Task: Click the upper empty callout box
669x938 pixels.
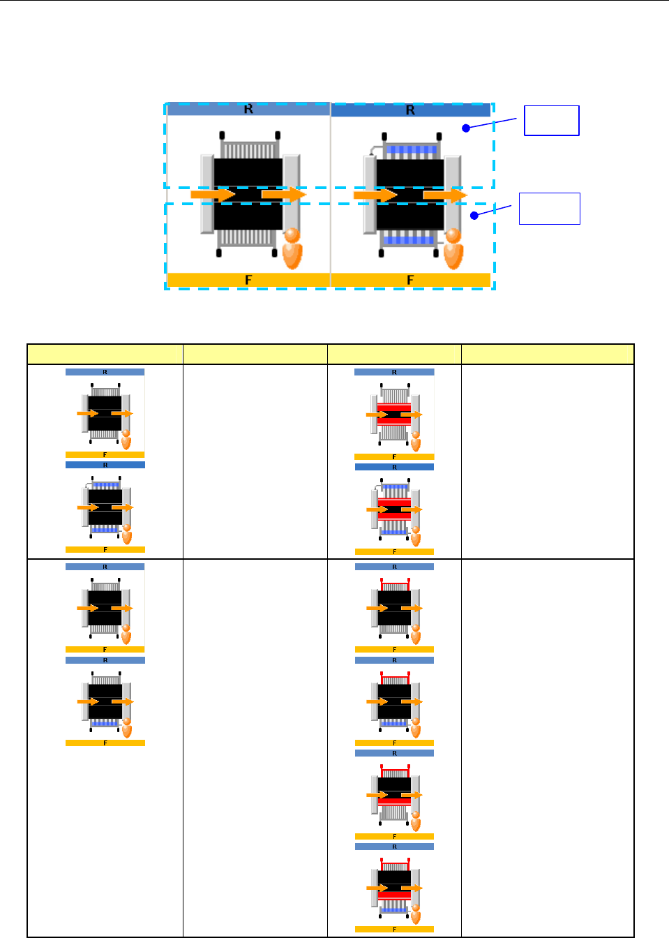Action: click(x=551, y=120)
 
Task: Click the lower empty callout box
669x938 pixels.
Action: click(x=549, y=208)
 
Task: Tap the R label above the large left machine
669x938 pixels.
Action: click(x=248, y=110)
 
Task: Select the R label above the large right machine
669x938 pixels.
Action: click(x=410, y=110)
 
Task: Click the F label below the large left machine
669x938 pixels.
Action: click(x=248, y=280)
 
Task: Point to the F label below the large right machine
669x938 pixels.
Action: click(x=410, y=280)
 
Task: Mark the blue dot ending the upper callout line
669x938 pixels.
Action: click(x=465, y=128)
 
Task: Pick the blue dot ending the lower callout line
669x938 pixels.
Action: click(x=474, y=215)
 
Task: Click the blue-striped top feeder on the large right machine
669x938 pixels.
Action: click(x=411, y=150)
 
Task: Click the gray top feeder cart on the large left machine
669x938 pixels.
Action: click(x=249, y=149)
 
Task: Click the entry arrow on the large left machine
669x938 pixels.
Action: click(x=212, y=195)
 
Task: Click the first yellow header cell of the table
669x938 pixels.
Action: click(x=105, y=355)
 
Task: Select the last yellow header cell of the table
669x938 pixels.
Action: click(x=548, y=355)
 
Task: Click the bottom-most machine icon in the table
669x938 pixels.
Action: click(x=394, y=888)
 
